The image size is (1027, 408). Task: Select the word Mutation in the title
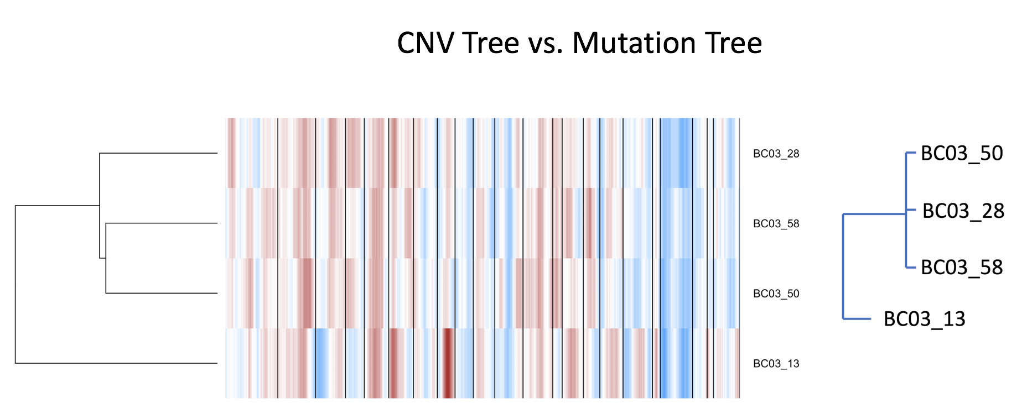pos(625,43)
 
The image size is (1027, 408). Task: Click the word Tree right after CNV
pos(490,43)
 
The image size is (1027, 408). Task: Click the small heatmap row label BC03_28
pos(776,154)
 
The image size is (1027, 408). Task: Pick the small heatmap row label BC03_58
pos(776,224)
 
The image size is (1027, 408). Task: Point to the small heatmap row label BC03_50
pos(776,294)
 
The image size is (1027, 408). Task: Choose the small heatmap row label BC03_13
pos(776,364)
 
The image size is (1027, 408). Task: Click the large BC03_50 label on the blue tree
pos(962,154)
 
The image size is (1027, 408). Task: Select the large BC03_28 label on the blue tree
pos(963,211)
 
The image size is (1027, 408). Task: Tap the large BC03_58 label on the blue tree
pos(962,268)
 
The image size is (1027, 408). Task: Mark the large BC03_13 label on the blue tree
pos(925,319)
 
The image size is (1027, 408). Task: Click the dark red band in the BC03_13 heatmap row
pos(447,363)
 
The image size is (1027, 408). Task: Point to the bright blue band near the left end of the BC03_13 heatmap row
pos(321,363)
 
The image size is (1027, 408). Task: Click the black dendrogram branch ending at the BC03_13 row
pos(116,363)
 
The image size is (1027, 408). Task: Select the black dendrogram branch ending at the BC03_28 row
pos(158,153)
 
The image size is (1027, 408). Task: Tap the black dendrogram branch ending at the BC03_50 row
pos(162,293)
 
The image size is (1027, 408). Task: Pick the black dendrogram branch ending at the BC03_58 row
pos(162,223)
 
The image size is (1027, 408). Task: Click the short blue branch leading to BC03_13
pos(857,318)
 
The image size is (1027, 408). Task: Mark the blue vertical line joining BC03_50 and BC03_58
pos(906,210)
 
